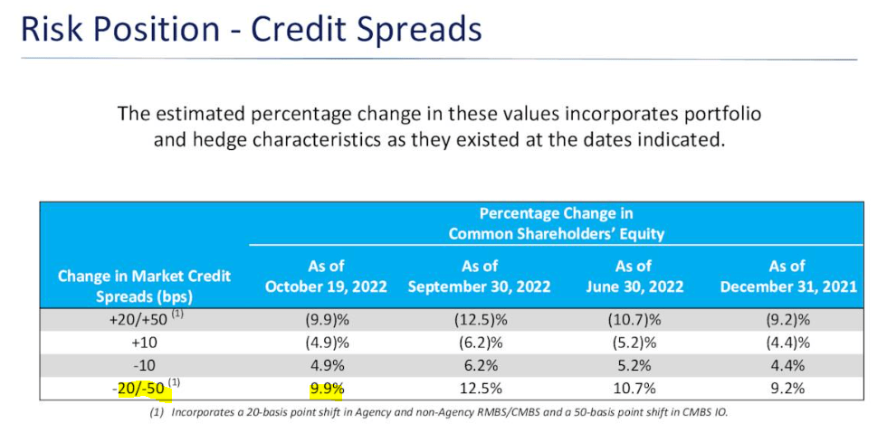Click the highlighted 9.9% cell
pyautogui.click(x=326, y=390)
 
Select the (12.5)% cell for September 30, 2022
pyautogui.click(x=480, y=320)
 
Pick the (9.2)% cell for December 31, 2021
pyautogui.click(x=787, y=320)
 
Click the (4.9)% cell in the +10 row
pyautogui.click(x=326, y=343)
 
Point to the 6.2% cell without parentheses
pyautogui.click(x=480, y=367)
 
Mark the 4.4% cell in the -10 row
pyautogui.click(x=787, y=367)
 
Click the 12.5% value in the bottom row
pyautogui.click(x=480, y=390)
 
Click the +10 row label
pyautogui.click(x=145, y=343)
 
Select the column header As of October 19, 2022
pyautogui.click(x=326, y=276)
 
